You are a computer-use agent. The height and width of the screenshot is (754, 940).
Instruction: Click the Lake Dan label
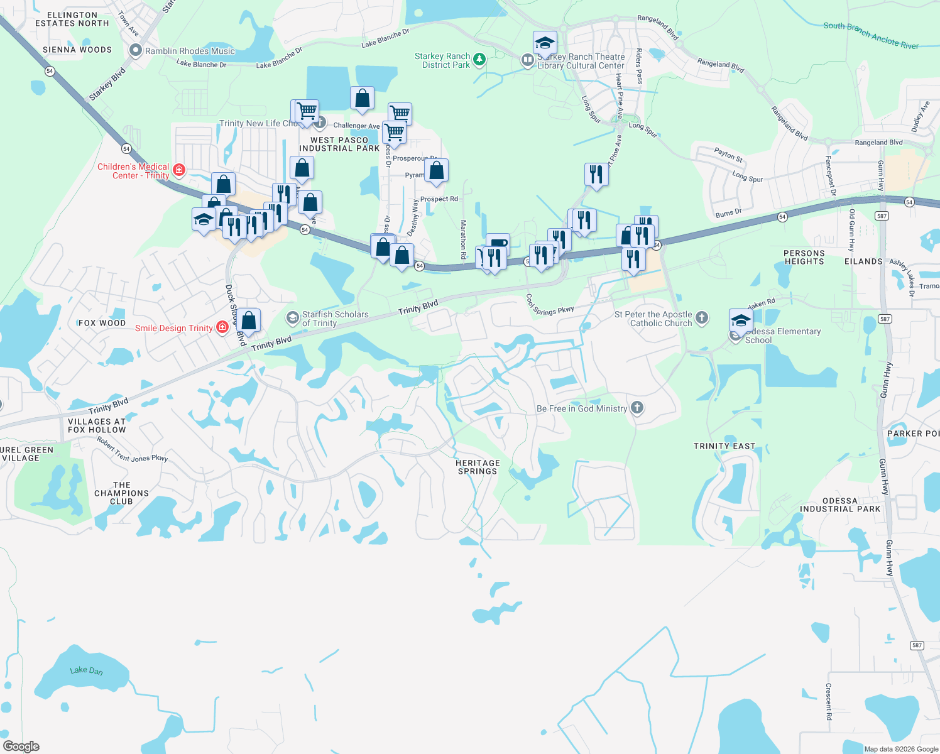coord(86,670)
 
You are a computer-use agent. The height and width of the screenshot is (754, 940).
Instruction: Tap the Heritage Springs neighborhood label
coord(478,467)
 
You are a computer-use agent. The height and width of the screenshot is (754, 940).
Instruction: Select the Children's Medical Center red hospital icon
coord(179,170)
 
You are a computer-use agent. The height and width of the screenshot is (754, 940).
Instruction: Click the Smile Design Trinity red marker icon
coord(222,327)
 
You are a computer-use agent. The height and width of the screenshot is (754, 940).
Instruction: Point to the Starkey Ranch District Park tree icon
coord(479,60)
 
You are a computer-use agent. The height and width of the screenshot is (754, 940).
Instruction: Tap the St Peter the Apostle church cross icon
coord(702,317)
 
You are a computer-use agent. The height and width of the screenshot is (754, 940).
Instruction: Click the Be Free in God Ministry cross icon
coord(637,408)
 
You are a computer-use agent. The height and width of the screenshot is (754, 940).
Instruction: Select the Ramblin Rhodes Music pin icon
coord(135,50)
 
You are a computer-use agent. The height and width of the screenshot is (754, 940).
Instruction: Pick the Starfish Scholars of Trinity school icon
coord(292,318)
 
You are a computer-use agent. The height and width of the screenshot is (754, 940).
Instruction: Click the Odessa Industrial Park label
coord(840,505)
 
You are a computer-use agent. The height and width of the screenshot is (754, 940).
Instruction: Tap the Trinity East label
coord(724,446)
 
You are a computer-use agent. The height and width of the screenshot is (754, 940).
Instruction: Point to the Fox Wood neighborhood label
coord(102,323)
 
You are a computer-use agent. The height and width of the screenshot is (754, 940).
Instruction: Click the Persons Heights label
coord(804,257)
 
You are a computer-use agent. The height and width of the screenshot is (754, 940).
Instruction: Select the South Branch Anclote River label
coord(871,35)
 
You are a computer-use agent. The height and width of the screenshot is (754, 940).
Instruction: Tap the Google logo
coord(21,746)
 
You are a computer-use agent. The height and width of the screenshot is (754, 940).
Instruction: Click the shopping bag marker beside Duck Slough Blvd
coord(249,320)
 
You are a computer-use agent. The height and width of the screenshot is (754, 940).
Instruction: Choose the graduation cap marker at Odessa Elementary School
coord(741,320)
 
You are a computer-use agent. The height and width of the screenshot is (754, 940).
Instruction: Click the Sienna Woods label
coord(77,50)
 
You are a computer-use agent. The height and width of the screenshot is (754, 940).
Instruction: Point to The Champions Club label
coord(122,493)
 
